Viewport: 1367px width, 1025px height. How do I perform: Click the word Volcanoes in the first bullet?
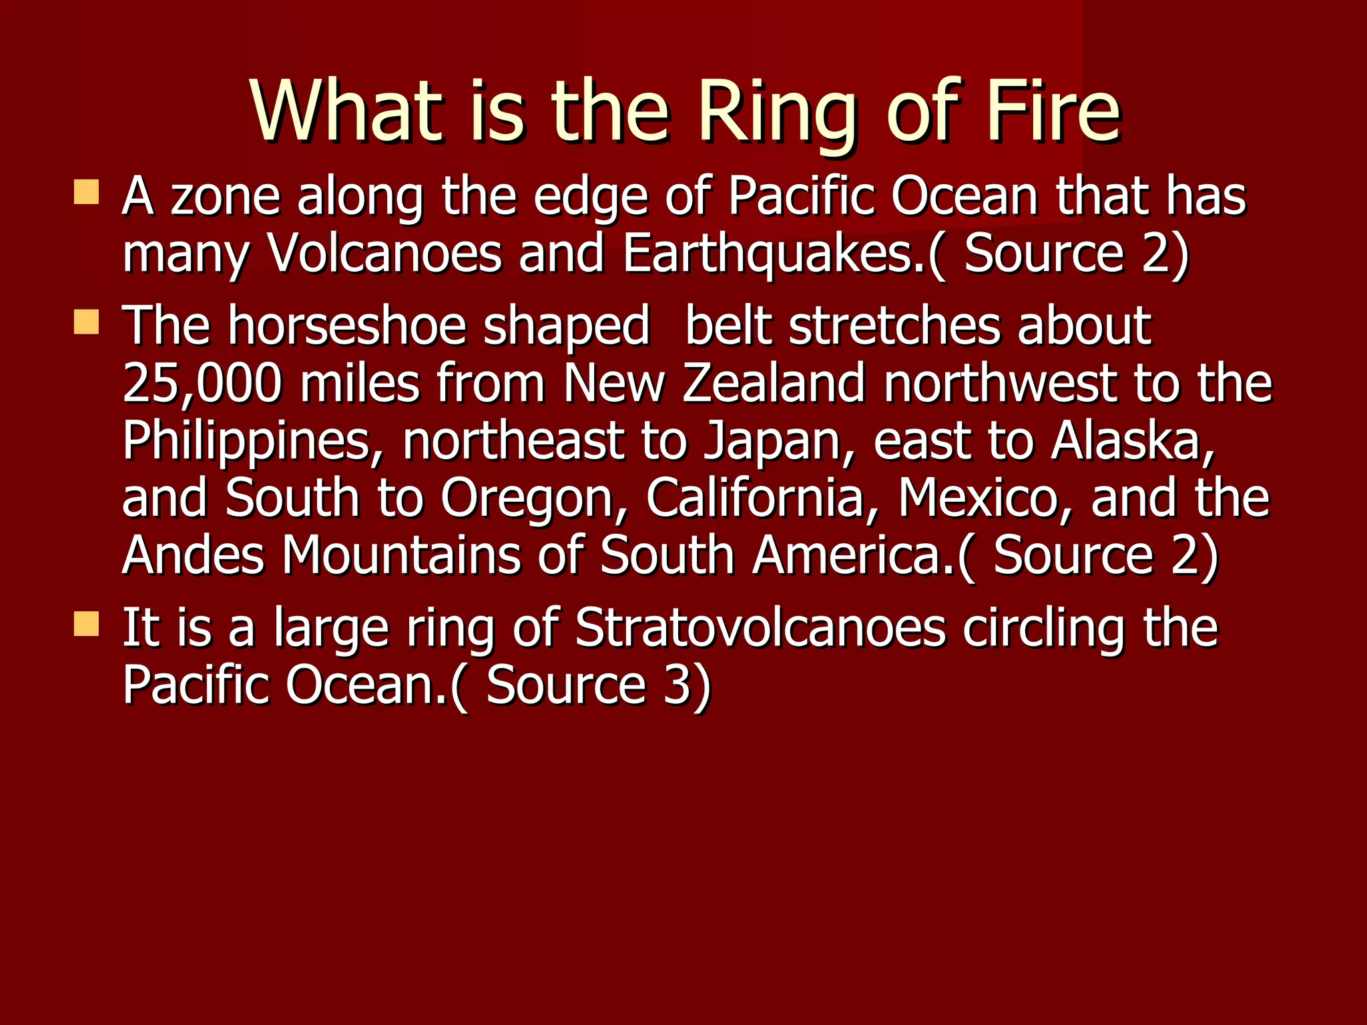(x=384, y=254)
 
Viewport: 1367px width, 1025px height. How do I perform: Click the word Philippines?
(x=246, y=442)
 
